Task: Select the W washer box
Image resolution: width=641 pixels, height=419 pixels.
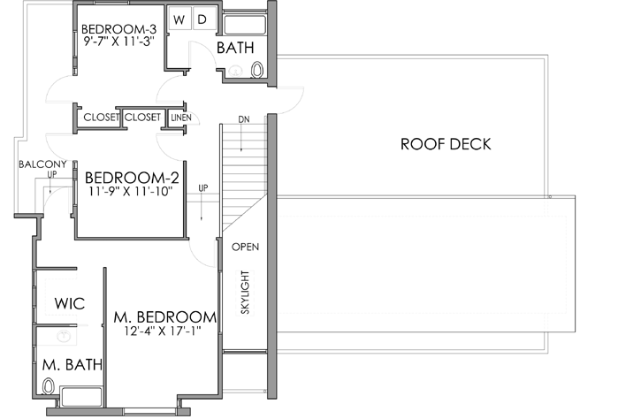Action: pyautogui.click(x=179, y=19)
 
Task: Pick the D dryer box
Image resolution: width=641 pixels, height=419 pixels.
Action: pyautogui.click(x=201, y=19)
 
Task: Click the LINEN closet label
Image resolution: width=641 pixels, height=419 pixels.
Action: pyautogui.click(x=180, y=117)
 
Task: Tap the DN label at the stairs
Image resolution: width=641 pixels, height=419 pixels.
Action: pyautogui.click(x=244, y=119)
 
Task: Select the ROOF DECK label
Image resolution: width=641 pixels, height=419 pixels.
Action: pyautogui.click(x=445, y=144)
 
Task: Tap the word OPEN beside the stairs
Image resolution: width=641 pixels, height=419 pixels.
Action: pyautogui.click(x=245, y=247)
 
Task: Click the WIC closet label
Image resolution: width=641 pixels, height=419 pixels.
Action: pyautogui.click(x=69, y=303)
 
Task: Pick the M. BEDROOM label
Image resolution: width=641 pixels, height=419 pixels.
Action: pyautogui.click(x=164, y=316)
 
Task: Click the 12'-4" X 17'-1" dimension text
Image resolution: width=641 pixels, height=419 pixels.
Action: pyautogui.click(x=164, y=331)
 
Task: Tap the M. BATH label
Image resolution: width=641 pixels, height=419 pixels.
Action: pyautogui.click(x=72, y=363)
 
